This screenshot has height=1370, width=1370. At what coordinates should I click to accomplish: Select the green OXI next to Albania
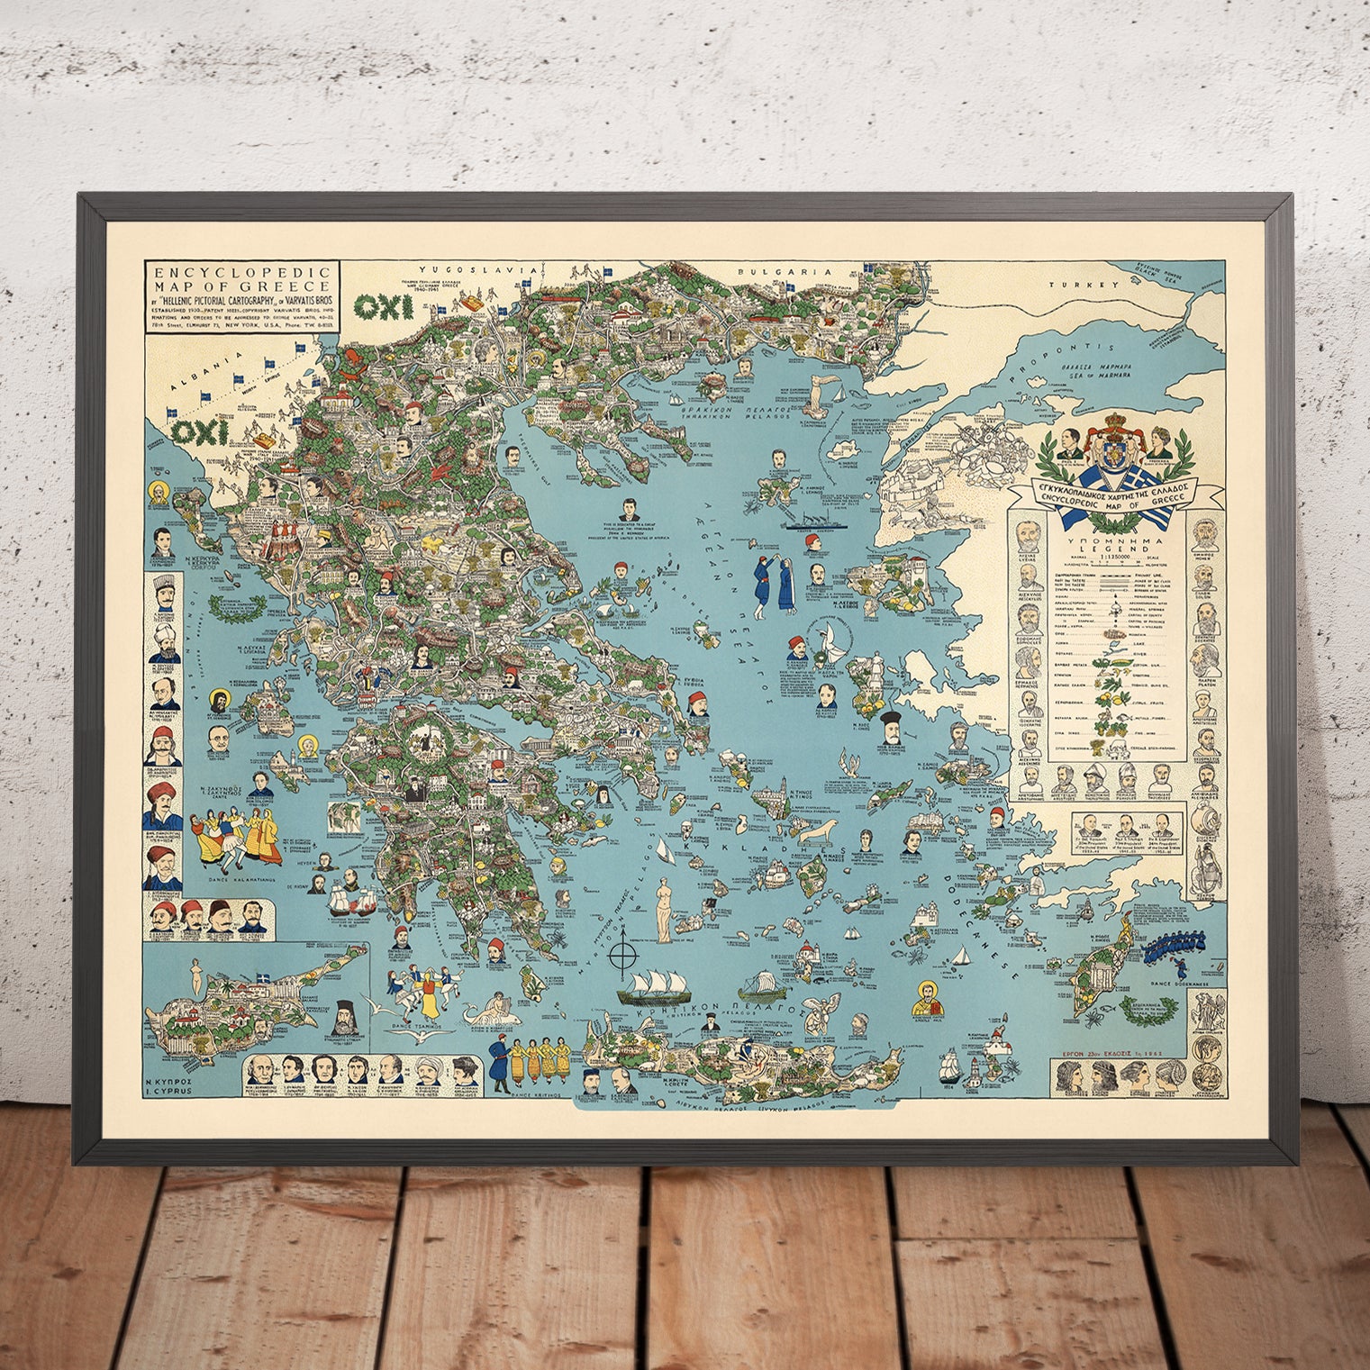coord(199,432)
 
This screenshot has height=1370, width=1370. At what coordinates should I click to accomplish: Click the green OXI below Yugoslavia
coord(384,307)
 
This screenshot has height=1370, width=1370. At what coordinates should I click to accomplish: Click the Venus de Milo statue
coord(664,907)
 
